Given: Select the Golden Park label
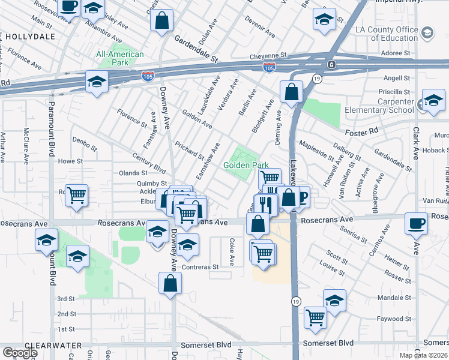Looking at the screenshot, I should pyautogui.click(x=246, y=165).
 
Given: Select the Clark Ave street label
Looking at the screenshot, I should pyautogui.click(x=415, y=142).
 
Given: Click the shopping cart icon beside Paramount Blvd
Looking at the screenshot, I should pyautogui.click(x=77, y=194).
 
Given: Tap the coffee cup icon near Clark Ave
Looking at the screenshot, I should pyautogui.click(x=416, y=224).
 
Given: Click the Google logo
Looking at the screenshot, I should pyautogui.click(x=20, y=353).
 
